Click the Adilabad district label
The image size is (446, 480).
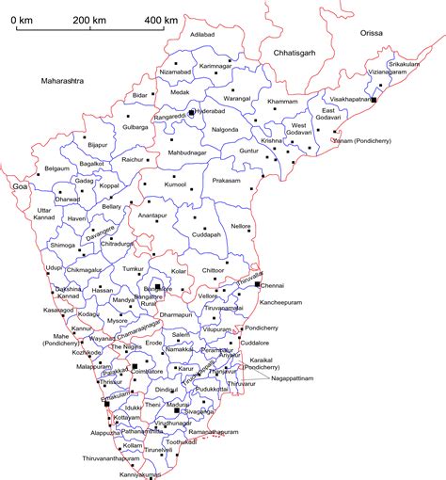pos(203,35)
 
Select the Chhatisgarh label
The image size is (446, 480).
pos(294,54)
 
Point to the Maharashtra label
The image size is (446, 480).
pos(63,82)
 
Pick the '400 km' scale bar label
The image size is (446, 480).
pos(161,20)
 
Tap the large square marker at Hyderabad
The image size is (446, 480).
pos(191,112)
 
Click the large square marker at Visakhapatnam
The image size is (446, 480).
pos(373,99)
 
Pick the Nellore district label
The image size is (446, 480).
pos(241,226)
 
